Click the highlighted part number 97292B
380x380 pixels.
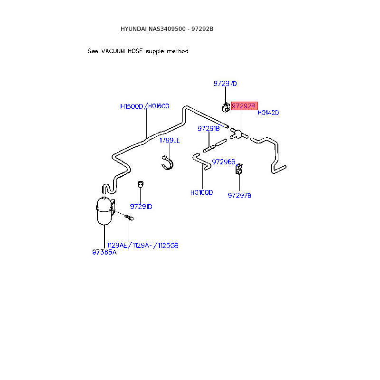click(244, 106)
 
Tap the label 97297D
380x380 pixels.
click(225, 84)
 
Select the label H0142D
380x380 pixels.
click(268, 113)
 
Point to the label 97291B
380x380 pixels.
click(209, 128)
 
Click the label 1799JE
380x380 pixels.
click(170, 140)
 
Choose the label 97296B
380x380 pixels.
click(224, 161)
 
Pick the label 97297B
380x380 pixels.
click(239, 195)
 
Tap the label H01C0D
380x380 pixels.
click(202, 192)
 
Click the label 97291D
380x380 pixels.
click(141, 206)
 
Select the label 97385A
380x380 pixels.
click(104, 252)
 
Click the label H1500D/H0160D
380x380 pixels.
click(145, 106)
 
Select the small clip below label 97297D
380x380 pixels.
click(226, 107)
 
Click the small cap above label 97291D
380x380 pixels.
click(141, 183)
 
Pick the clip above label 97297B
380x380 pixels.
click(239, 169)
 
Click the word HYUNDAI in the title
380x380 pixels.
click(133, 29)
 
